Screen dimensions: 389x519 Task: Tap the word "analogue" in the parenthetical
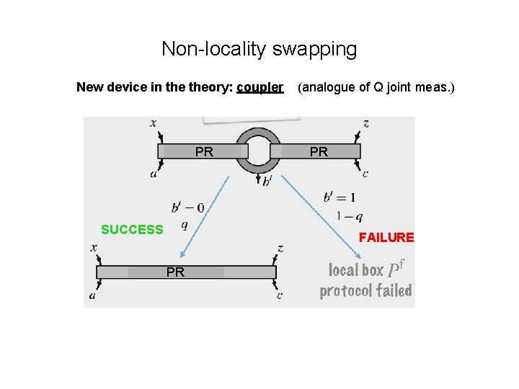coord(327,87)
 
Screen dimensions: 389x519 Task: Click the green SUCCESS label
coord(132,230)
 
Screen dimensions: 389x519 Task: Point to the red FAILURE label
coord(386,237)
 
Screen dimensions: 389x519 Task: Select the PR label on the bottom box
coord(175,272)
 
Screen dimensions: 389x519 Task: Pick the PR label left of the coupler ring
coord(204,151)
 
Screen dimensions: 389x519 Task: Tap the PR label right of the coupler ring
coord(319,151)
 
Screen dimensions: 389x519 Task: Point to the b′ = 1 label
coord(340,197)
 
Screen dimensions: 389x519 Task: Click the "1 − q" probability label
coord(349,216)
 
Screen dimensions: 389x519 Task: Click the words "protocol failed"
coord(365,290)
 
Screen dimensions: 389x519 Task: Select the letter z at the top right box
coord(366,123)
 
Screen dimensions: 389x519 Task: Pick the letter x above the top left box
coord(153,123)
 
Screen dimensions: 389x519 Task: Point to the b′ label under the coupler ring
coord(267,181)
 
